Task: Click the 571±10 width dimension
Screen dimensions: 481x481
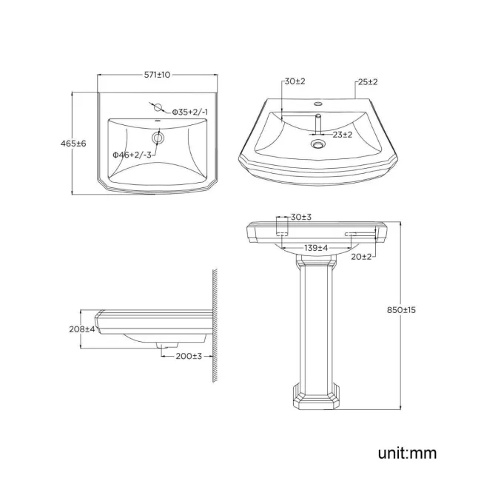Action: [x=158, y=75]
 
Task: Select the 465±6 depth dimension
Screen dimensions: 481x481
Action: [x=74, y=144]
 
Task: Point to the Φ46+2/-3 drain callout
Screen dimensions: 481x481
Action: [x=132, y=155]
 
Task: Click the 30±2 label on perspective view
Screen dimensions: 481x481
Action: [x=293, y=81]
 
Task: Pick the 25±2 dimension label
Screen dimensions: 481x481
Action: [x=367, y=81]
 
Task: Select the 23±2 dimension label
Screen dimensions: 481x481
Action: [x=341, y=135]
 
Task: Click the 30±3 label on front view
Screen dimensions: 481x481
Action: [x=300, y=217]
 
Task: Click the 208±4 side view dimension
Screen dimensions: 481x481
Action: [x=82, y=329]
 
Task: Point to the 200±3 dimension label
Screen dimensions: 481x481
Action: [x=188, y=356]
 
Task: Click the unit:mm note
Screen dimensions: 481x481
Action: [x=406, y=452]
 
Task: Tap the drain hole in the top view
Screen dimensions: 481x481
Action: [x=158, y=138]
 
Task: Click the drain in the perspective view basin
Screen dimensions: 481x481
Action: [x=318, y=145]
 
